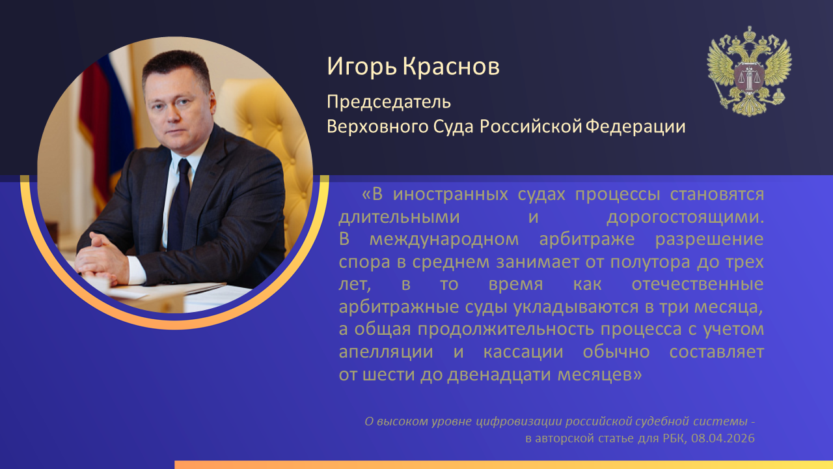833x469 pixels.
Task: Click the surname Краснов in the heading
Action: point(451,66)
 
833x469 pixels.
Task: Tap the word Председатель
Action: point(389,102)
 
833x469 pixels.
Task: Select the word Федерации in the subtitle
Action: point(636,126)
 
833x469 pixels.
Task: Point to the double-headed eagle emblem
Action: point(749,71)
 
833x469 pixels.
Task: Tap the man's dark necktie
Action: point(179,204)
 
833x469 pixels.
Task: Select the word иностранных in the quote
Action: point(450,195)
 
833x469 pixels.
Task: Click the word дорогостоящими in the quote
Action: point(685,218)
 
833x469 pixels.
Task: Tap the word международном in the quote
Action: point(444,240)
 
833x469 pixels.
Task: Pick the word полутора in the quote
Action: point(650,263)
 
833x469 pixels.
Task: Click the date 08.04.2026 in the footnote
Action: point(723,438)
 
